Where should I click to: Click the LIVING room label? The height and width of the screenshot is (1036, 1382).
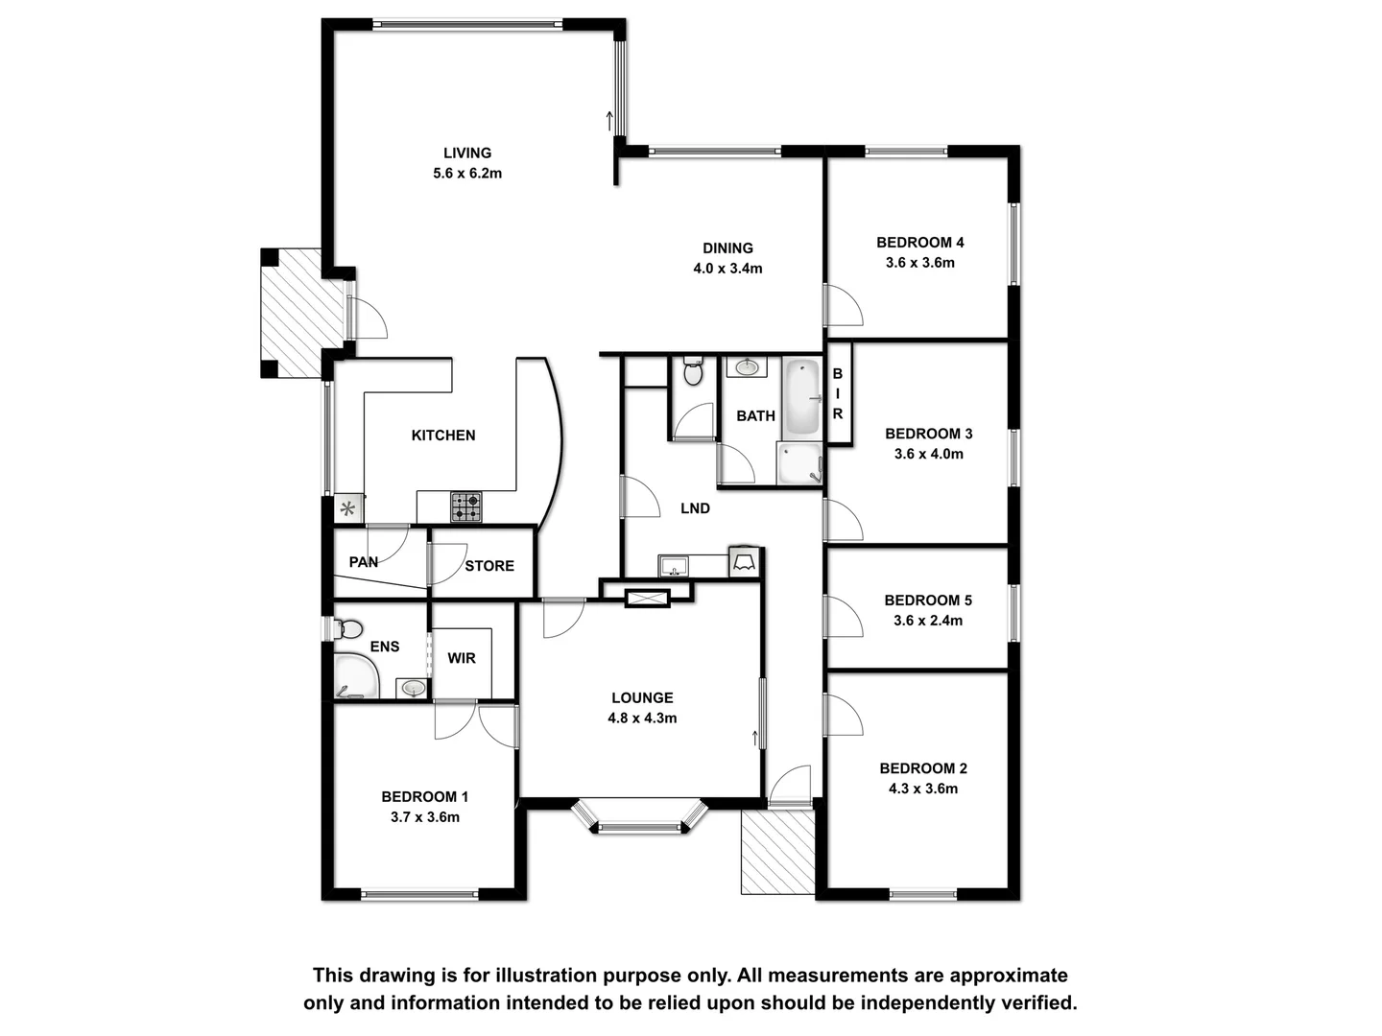pos(467,153)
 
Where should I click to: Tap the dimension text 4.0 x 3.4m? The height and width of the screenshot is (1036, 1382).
pos(727,269)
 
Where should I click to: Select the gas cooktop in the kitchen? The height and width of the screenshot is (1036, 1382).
pos(466,506)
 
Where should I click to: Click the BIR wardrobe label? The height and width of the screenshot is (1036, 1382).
pos(838,394)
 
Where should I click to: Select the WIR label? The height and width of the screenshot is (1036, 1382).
pos(462,658)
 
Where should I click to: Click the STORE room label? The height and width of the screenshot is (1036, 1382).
pos(489,566)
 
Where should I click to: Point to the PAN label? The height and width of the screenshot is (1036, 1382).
pos(364,562)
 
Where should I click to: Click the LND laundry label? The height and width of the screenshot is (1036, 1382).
pos(695,508)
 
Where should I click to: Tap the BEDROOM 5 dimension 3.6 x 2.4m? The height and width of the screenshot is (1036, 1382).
pos(928,621)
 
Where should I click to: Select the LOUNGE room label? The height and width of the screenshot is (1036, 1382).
pos(642,697)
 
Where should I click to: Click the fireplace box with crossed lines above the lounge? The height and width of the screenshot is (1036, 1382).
pos(647,599)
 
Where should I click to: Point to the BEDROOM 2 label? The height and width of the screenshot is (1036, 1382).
pos(923,768)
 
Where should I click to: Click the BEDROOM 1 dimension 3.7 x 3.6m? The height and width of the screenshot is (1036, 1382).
pos(424,817)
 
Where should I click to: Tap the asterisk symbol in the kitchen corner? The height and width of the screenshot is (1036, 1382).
pos(348,508)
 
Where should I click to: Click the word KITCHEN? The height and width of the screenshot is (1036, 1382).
pos(443,436)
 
